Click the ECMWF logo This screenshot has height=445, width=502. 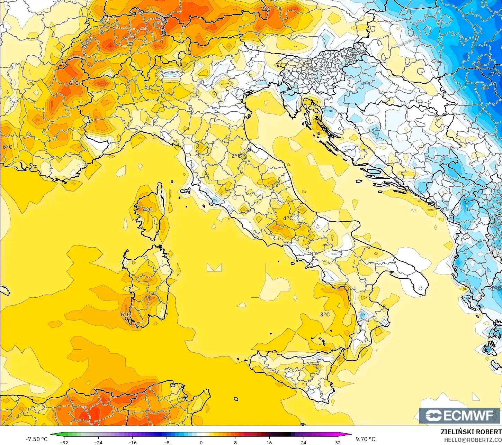pyautogui.click(x=459, y=415)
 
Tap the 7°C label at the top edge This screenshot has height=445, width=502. pyautogui.click(x=266, y=9)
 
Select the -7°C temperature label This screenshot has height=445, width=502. pyautogui.click(x=494, y=74)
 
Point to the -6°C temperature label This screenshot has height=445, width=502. pyautogui.click(x=495, y=288)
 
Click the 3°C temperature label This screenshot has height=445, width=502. pyautogui.click(x=325, y=314)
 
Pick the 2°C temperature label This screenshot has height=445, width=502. pyautogui.click(x=236, y=156)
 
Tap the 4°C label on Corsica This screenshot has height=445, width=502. pyautogui.click(x=147, y=209)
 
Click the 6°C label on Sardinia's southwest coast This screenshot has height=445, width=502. pyautogui.click(x=125, y=314)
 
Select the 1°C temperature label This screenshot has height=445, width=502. pyautogui.click(x=495, y=219)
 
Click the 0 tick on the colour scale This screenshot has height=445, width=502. pyautogui.click(x=201, y=442)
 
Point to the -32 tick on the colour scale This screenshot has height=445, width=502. pyautogui.click(x=64, y=442)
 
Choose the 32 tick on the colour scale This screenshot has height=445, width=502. pyautogui.click(x=338, y=442)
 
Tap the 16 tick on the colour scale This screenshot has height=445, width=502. pyautogui.click(x=269, y=442)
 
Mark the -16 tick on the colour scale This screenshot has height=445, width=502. pyautogui.click(x=132, y=442)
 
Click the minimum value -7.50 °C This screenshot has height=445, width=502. pyautogui.click(x=36, y=439)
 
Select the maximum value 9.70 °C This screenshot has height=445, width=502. pyautogui.click(x=365, y=439)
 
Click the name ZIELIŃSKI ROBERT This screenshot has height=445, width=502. pyautogui.click(x=471, y=432)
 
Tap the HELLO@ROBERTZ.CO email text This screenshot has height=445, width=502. pyautogui.click(x=473, y=440)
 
